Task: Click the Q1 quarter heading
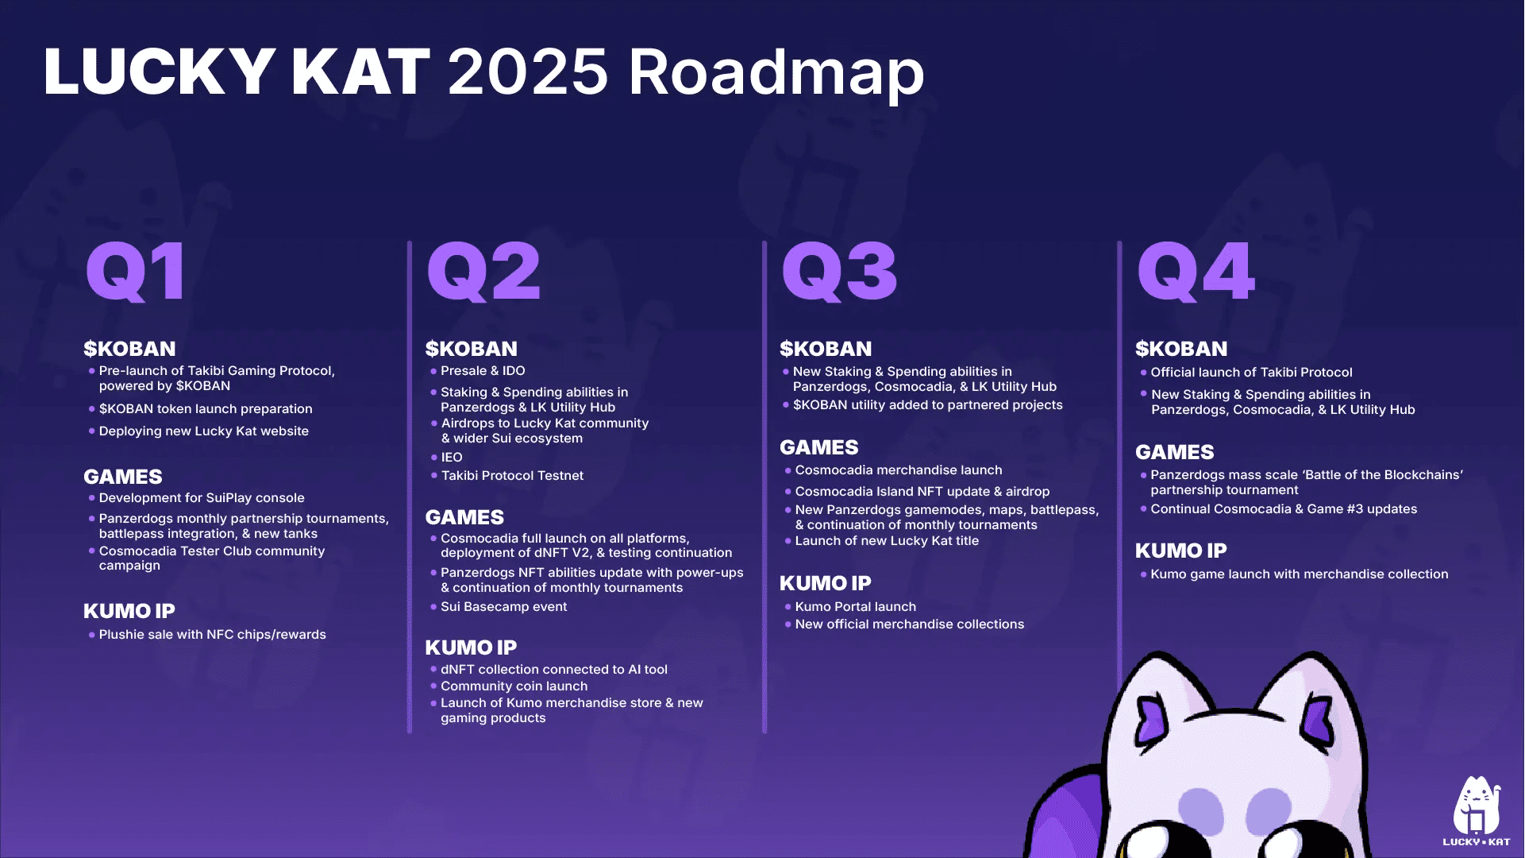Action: [137, 272]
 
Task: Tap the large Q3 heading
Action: [839, 272]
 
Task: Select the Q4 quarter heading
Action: [1196, 272]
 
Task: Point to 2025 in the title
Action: [528, 71]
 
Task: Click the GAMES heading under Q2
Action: [464, 517]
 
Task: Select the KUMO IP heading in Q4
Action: [1180, 551]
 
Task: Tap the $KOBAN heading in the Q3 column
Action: [826, 349]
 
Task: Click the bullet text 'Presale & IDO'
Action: [483, 371]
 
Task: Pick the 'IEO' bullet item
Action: [452, 458]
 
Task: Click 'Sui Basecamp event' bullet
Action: [503, 607]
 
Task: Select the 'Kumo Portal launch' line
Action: [855, 607]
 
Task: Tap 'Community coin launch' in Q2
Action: [514, 686]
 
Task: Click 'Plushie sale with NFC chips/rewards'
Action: [212, 635]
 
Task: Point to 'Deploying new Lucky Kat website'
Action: [203, 431]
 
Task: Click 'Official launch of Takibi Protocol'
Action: [1251, 373]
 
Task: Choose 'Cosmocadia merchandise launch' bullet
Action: [898, 470]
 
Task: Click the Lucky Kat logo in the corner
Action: [1477, 810]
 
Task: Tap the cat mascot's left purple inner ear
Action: [1150, 718]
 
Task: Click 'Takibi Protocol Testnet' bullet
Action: [512, 476]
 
